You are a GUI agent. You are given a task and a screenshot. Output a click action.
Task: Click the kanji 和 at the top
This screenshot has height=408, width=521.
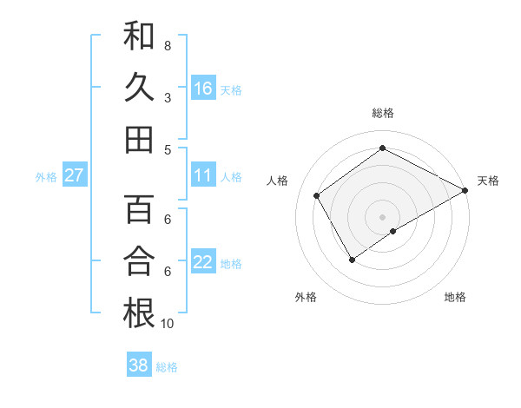pyautogui.click(x=140, y=36)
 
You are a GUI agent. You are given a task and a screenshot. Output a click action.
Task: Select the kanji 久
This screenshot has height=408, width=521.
pyautogui.click(x=140, y=88)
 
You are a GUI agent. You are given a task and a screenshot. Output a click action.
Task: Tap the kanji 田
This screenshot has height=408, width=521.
pyautogui.click(x=140, y=139)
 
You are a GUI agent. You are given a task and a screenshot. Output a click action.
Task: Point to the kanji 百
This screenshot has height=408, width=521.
pyautogui.click(x=140, y=209)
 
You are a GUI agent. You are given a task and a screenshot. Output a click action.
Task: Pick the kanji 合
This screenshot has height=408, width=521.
pyautogui.click(x=140, y=261)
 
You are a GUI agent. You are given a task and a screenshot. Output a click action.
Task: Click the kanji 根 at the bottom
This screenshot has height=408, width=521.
pyautogui.click(x=140, y=313)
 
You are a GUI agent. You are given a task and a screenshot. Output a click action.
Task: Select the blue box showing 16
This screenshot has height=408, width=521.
pyautogui.click(x=203, y=88)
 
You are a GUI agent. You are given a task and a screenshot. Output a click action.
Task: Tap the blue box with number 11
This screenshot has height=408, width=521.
pyautogui.click(x=203, y=175)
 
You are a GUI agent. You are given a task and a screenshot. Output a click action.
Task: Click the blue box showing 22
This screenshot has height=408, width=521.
pyautogui.click(x=203, y=262)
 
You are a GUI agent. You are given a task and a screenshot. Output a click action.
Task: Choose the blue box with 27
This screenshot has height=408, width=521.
pyautogui.click(x=75, y=175)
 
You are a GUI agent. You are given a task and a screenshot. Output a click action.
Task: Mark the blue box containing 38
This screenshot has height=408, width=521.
pyautogui.click(x=139, y=365)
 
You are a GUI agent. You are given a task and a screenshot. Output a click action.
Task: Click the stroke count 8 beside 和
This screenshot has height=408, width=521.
pyautogui.click(x=167, y=45)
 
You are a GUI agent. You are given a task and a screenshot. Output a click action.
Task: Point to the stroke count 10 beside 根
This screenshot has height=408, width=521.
pyautogui.click(x=167, y=323)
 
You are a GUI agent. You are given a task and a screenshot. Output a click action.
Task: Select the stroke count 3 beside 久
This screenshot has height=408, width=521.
pyautogui.click(x=167, y=98)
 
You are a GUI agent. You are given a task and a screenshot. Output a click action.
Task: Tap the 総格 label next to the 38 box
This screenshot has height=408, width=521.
pyautogui.click(x=167, y=367)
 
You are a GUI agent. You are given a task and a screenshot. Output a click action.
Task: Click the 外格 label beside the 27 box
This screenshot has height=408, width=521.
pyautogui.click(x=46, y=177)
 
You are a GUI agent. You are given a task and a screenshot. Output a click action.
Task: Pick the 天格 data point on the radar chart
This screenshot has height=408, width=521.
pyautogui.click(x=465, y=190)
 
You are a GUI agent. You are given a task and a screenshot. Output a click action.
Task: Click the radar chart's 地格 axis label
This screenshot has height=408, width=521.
pyautogui.click(x=455, y=297)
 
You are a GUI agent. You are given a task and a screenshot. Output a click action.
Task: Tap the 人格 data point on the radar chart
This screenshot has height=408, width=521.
pyautogui.click(x=317, y=195)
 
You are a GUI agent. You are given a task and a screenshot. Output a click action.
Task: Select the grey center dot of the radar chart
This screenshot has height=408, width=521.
pyautogui.click(x=382, y=216)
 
